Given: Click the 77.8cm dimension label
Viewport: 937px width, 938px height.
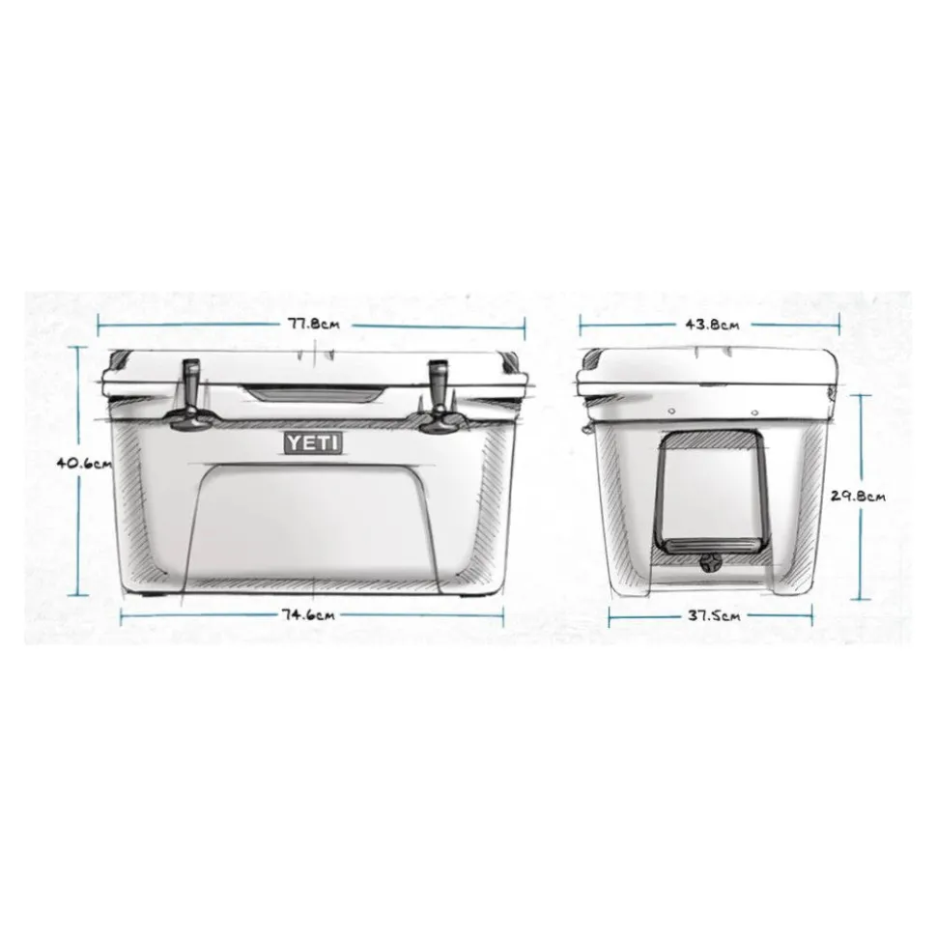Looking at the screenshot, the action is [x=314, y=325].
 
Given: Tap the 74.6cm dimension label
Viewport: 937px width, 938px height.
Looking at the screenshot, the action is [x=309, y=614].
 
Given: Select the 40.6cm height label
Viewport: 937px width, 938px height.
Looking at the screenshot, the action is [x=84, y=463].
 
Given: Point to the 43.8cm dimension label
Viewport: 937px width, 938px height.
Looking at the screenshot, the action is [x=713, y=325].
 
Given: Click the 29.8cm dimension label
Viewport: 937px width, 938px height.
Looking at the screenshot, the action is [x=859, y=496].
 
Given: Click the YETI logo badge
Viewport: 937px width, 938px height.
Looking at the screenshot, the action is [x=313, y=442].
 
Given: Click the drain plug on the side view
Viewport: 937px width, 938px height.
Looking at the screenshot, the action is [x=709, y=563].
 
